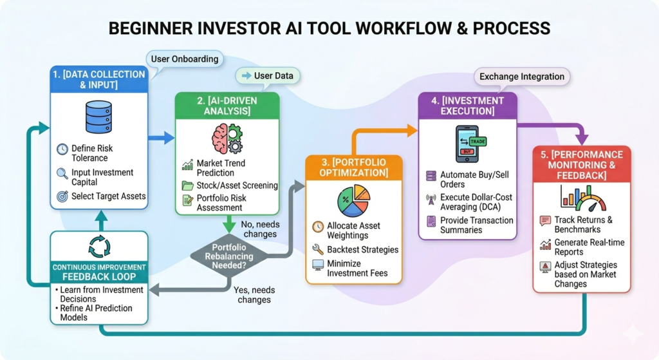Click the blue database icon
[x=98, y=117]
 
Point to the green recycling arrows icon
[x=98, y=247]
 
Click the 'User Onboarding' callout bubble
[x=185, y=59]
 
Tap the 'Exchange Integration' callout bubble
[x=522, y=77]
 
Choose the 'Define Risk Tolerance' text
[x=92, y=153]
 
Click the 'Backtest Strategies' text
[x=362, y=249]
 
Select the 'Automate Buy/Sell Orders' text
[x=476, y=180]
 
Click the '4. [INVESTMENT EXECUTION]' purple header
[x=468, y=106]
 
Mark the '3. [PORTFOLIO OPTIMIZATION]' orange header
[x=353, y=167]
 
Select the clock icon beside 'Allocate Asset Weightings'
[x=317, y=227]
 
